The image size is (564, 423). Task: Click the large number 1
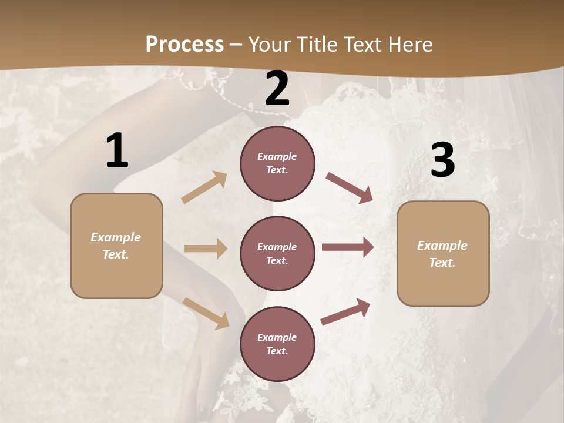click(117, 150)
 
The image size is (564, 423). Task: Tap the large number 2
click(277, 89)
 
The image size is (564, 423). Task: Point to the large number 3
click(442, 160)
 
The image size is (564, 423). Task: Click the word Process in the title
click(184, 44)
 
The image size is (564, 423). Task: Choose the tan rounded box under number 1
click(116, 246)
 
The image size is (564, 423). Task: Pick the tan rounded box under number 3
click(443, 254)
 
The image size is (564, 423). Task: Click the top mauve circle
click(277, 163)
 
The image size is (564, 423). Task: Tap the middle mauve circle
click(277, 254)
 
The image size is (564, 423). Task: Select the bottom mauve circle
click(277, 344)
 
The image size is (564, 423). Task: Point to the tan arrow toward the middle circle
click(206, 249)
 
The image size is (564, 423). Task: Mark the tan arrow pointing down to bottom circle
click(206, 313)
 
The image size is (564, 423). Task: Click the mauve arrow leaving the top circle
click(350, 187)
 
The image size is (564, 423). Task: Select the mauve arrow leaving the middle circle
click(348, 247)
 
